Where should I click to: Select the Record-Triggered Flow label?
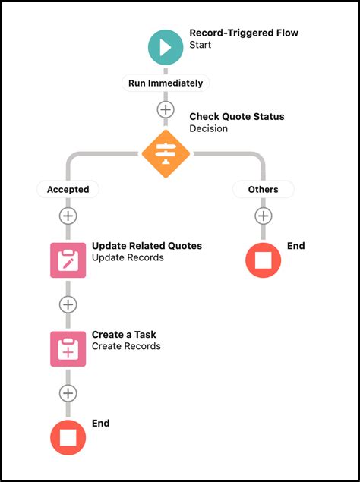click(x=243, y=33)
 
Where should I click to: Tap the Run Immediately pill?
click(x=166, y=83)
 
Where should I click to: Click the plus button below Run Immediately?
click(x=166, y=109)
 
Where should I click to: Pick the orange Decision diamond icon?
click(x=166, y=153)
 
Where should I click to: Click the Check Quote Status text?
click(x=236, y=116)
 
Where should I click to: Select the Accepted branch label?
click(x=68, y=189)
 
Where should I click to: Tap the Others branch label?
click(x=263, y=189)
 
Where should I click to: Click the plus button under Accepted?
click(x=68, y=216)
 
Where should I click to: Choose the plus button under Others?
click(x=263, y=216)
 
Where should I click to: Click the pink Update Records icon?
click(x=68, y=260)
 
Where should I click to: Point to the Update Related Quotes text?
click(x=147, y=246)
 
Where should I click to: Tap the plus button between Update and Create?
click(x=68, y=304)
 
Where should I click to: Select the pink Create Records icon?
click(x=68, y=348)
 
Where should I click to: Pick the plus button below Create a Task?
click(x=68, y=393)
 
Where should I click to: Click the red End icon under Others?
click(x=263, y=260)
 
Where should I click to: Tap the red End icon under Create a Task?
click(x=68, y=437)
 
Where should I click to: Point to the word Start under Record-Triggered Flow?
click(x=201, y=46)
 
